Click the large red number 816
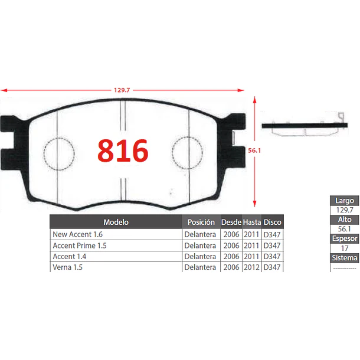tap(123, 150)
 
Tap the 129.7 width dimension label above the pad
tap(122, 90)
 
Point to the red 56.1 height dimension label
tap(254, 150)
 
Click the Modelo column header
tap(116, 222)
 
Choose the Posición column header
tap(201, 222)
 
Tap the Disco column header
tap(273, 222)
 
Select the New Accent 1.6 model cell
tap(77, 234)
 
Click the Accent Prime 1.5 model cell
tap(80, 246)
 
